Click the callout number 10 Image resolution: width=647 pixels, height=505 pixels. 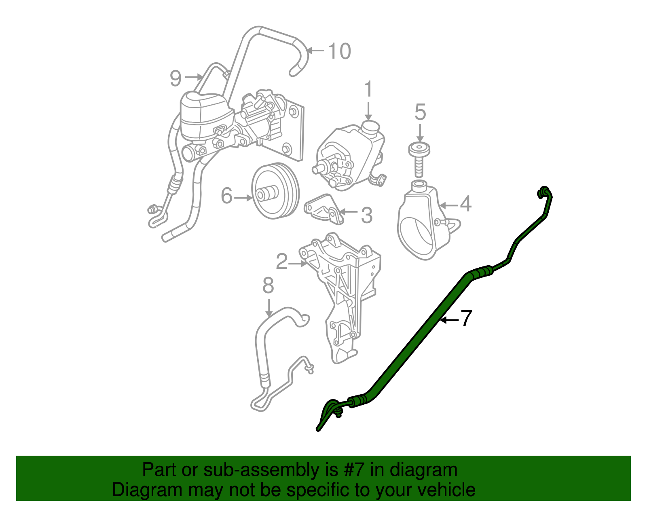click(339, 51)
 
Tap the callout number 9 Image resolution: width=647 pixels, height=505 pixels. click(175, 78)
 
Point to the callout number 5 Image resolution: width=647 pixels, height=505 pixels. click(420, 112)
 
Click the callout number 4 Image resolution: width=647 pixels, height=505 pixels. click(466, 204)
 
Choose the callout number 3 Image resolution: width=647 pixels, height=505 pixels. click(366, 215)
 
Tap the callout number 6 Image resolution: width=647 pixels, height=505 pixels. click(226, 196)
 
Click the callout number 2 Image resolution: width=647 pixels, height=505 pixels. click(281, 262)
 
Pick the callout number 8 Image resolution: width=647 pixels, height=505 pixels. click(268, 285)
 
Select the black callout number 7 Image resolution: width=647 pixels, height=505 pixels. click(466, 318)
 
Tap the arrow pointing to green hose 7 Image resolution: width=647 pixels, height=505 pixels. click(449, 320)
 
